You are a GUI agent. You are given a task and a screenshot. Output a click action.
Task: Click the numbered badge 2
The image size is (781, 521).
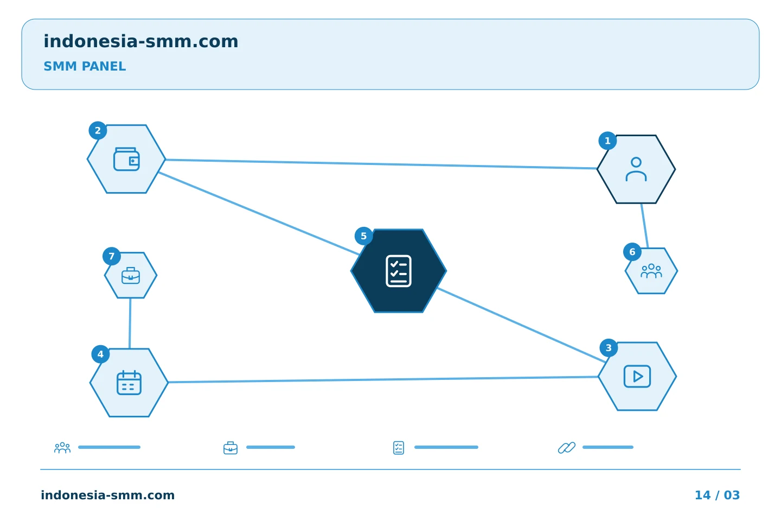98,130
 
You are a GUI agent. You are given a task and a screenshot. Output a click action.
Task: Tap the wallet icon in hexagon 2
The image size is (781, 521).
126,159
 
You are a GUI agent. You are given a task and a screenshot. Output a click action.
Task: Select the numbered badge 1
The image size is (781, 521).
607,141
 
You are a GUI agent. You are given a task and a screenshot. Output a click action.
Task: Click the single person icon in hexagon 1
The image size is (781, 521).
636,169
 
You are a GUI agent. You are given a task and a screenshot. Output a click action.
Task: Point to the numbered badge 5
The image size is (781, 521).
363,236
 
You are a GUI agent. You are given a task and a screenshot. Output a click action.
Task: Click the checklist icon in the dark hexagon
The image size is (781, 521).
399,271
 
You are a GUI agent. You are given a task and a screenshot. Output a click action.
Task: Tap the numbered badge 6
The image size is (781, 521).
632,252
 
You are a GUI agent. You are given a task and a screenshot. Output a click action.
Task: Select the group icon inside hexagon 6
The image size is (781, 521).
651,271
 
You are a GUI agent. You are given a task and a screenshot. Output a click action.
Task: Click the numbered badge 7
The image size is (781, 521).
112,257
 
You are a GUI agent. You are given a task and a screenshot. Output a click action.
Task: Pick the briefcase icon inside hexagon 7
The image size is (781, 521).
131,276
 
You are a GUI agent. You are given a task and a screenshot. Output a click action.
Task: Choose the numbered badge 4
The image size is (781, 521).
100,354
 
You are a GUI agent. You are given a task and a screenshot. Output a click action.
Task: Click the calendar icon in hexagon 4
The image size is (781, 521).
129,383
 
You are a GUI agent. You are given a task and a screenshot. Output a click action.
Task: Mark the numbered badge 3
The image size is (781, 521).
609,348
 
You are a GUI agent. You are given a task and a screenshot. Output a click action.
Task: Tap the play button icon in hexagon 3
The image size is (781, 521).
637,377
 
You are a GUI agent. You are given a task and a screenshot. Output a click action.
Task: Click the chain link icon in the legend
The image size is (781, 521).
567,448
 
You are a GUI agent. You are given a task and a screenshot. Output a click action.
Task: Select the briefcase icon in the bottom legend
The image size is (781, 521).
231,448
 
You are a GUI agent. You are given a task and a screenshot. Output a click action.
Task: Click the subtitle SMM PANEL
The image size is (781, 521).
85,66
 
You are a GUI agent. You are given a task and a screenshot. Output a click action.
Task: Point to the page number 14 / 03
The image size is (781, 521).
717,495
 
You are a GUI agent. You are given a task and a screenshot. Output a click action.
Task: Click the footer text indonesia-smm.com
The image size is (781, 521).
108,495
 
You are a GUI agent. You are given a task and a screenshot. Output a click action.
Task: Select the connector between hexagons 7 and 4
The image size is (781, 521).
130,323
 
